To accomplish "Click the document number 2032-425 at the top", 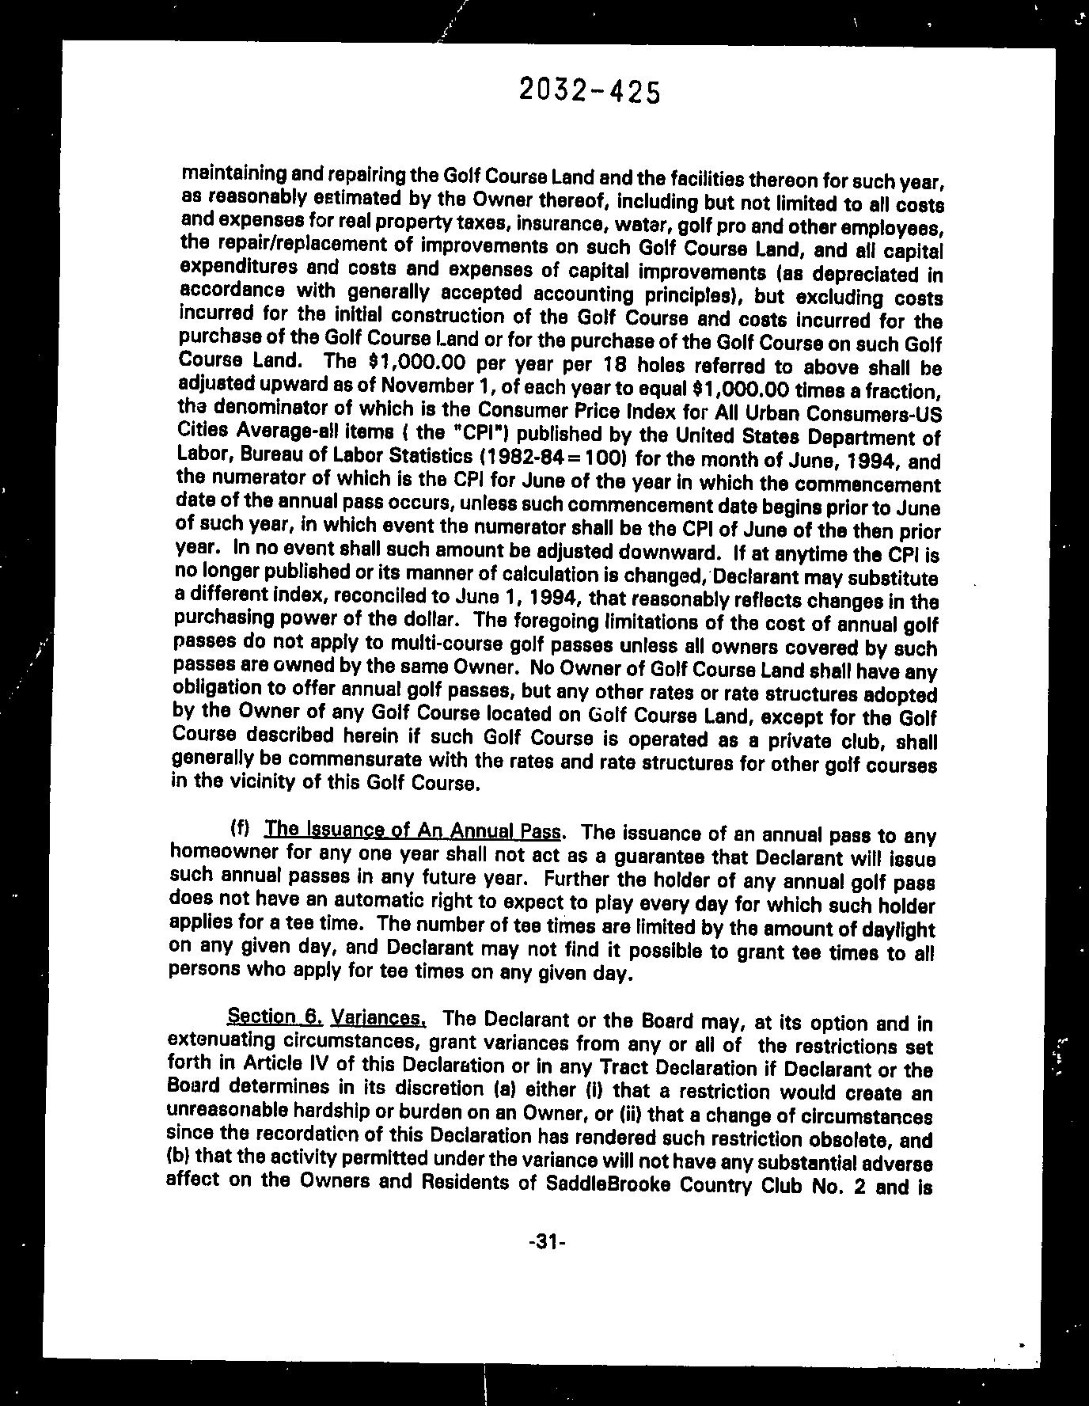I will click(x=589, y=92).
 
